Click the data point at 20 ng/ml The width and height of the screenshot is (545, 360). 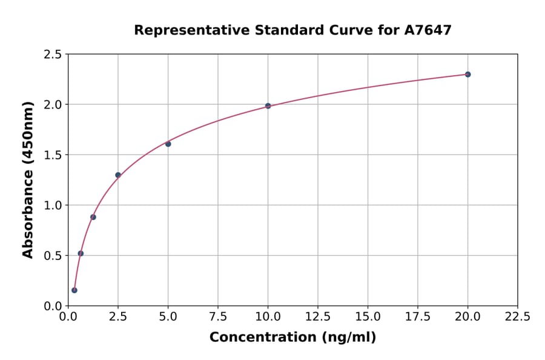coord(467,75)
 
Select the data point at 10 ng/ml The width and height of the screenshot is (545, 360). coord(268,106)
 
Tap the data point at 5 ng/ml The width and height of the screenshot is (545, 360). coord(168,144)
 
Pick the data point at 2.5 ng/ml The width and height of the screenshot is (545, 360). coord(118,175)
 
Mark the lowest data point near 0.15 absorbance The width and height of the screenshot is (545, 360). coord(74,290)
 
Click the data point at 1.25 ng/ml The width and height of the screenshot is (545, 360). coord(93,217)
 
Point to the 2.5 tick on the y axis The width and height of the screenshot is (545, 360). coord(53,55)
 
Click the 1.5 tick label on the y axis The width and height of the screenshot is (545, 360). coord(53,155)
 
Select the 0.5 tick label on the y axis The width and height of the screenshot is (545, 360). coord(53,256)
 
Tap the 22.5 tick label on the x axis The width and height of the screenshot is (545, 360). coord(517,317)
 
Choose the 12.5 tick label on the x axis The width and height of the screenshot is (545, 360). coord(317,317)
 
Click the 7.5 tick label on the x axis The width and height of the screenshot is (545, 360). coord(218,317)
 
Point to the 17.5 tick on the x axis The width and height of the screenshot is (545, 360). coord(417,317)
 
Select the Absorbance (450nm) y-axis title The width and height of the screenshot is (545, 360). coord(28,179)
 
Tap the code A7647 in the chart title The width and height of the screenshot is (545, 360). coord(428,30)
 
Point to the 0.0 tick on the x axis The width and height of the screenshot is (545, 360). coord(68,317)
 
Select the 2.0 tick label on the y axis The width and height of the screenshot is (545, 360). coord(53,105)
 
